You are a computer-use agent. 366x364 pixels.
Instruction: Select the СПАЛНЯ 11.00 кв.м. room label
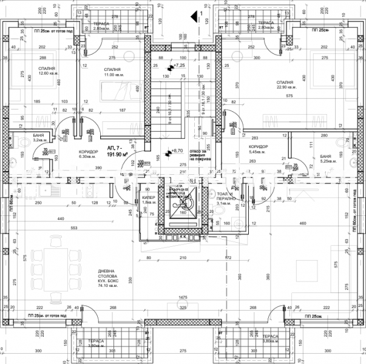point(112,72)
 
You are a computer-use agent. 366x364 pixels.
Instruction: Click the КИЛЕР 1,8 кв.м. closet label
point(149,200)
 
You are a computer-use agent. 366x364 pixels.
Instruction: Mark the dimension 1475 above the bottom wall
point(181,297)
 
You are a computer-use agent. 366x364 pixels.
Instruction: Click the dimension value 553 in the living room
point(73,227)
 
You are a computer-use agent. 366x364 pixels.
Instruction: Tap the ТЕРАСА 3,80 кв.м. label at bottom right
point(270,338)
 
